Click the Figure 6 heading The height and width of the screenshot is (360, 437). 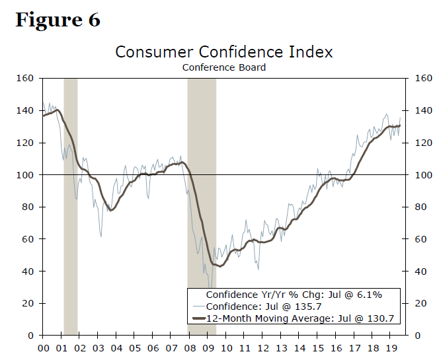pos(58,20)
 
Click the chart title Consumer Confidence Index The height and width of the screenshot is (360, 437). pos(223,52)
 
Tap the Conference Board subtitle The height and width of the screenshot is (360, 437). pos(223,67)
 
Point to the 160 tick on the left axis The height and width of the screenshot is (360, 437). pos(25,79)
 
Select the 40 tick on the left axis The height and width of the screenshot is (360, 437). pos(27,271)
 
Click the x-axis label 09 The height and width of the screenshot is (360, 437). pos(208,348)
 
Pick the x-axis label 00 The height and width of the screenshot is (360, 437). pos(44,348)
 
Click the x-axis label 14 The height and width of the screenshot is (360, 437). pos(299,348)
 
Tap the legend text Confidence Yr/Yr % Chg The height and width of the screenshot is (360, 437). pos(294,295)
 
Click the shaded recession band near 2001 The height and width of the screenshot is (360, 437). pos(70,198)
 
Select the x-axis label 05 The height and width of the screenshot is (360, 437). pos(135,348)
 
